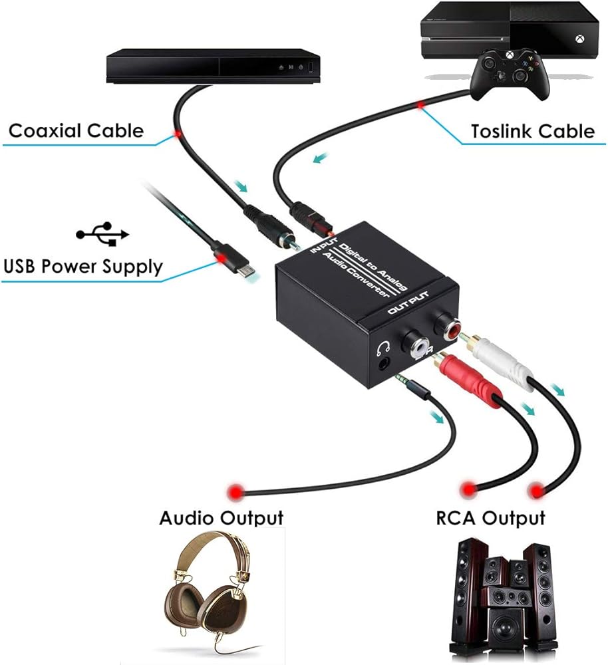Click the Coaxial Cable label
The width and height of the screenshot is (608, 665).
(x=76, y=130)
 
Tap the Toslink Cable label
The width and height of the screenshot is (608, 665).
(x=532, y=130)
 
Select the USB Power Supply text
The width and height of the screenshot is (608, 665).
(x=82, y=267)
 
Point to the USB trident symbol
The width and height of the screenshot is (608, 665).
(x=102, y=234)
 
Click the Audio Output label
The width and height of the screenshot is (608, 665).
(x=221, y=517)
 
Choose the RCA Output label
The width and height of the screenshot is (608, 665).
(x=490, y=517)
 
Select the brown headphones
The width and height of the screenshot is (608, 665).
(x=207, y=598)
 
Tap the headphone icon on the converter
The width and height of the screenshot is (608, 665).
(x=381, y=347)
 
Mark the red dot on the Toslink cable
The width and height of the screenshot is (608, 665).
(x=420, y=104)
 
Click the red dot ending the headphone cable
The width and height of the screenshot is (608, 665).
(x=233, y=492)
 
